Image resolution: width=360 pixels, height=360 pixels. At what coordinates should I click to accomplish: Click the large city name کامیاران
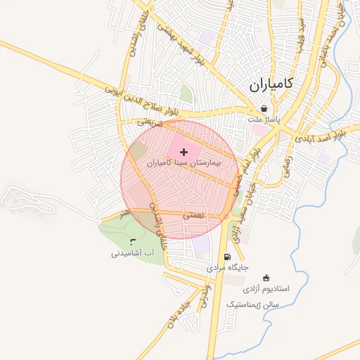pyautogui.click(x=271, y=85)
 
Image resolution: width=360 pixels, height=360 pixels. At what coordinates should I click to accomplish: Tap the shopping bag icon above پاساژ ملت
pyautogui.click(x=264, y=109)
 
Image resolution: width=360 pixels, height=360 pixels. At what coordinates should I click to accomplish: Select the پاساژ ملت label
pyautogui.click(x=264, y=120)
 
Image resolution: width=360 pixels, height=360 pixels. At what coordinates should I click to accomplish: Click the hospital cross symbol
pyautogui.click(x=184, y=151)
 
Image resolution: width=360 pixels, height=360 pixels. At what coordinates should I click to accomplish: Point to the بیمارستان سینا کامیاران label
pyautogui.click(x=184, y=162)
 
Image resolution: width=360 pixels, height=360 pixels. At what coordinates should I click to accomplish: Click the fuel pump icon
pyautogui.click(x=226, y=257)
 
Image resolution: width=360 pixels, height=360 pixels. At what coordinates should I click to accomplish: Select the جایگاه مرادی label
pyautogui.click(x=226, y=268)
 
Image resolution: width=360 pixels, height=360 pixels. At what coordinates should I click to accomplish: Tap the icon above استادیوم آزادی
pyautogui.click(x=265, y=278)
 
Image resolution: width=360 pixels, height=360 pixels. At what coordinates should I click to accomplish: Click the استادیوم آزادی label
pyautogui.click(x=265, y=289)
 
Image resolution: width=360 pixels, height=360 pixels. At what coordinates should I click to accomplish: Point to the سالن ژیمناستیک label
pyautogui.click(x=253, y=304)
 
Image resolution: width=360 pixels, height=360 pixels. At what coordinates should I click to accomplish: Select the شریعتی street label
pyautogui.click(x=149, y=122)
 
